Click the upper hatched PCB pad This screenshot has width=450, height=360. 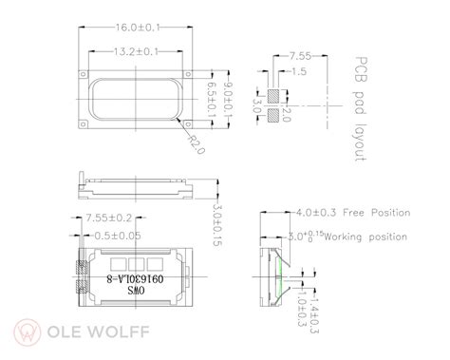(274, 96)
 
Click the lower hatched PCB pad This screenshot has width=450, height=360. (274, 115)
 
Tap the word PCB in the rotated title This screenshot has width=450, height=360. (361, 67)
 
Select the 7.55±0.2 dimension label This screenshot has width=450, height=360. (107, 217)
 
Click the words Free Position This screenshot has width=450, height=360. (376, 212)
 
